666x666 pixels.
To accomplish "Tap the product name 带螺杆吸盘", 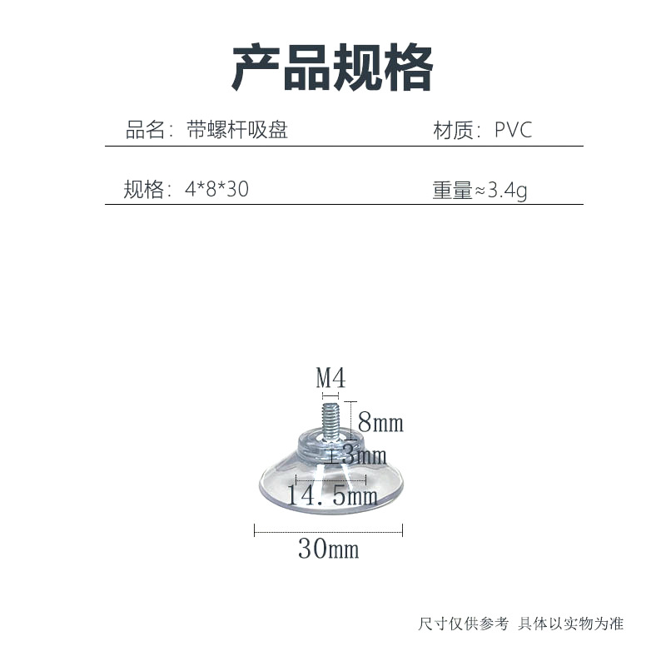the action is (x=236, y=131).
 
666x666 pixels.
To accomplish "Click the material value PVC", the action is (x=513, y=131).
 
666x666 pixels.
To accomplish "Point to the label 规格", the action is (x=144, y=190).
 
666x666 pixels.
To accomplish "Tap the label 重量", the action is (x=452, y=191).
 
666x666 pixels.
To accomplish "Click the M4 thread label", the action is (x=331, y=379).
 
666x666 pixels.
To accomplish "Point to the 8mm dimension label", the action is (x=380, y=424).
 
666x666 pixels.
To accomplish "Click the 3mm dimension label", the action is (x=365, y=455).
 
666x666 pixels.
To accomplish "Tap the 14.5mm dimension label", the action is (x=332, y=497).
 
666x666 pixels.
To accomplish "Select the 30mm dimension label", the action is (x=328, y=549).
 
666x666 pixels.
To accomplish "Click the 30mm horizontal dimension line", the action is (x=328, y=529).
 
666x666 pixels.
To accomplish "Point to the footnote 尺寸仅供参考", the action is (x=463, y=624).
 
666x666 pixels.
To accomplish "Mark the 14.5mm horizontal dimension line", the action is (x=331, y=480).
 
